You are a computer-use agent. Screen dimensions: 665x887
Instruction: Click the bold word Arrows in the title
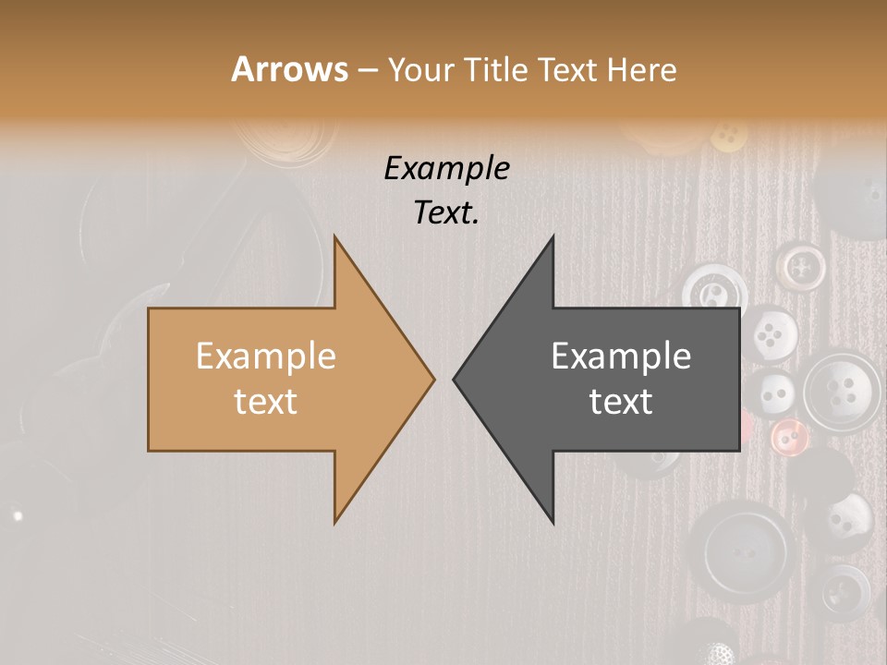pos(289,69)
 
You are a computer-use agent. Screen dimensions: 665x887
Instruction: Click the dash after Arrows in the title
pos(367,70)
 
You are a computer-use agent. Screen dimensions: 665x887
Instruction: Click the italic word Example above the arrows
pos(447,168)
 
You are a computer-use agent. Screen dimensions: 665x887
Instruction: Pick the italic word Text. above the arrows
pos(447,212)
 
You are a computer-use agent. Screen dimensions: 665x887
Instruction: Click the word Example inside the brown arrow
pos(266,357)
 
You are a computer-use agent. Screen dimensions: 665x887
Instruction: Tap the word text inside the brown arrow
pos(266,402)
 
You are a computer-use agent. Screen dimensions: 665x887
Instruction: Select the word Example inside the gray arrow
pos(621,357)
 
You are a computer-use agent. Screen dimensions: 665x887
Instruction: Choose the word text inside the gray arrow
pos(621,402)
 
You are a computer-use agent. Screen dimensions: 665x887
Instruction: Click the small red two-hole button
pos(787,435)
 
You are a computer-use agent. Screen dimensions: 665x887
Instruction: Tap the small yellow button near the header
pos(728,136)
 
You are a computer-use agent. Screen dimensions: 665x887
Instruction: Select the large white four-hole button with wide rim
pos(842,391)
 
